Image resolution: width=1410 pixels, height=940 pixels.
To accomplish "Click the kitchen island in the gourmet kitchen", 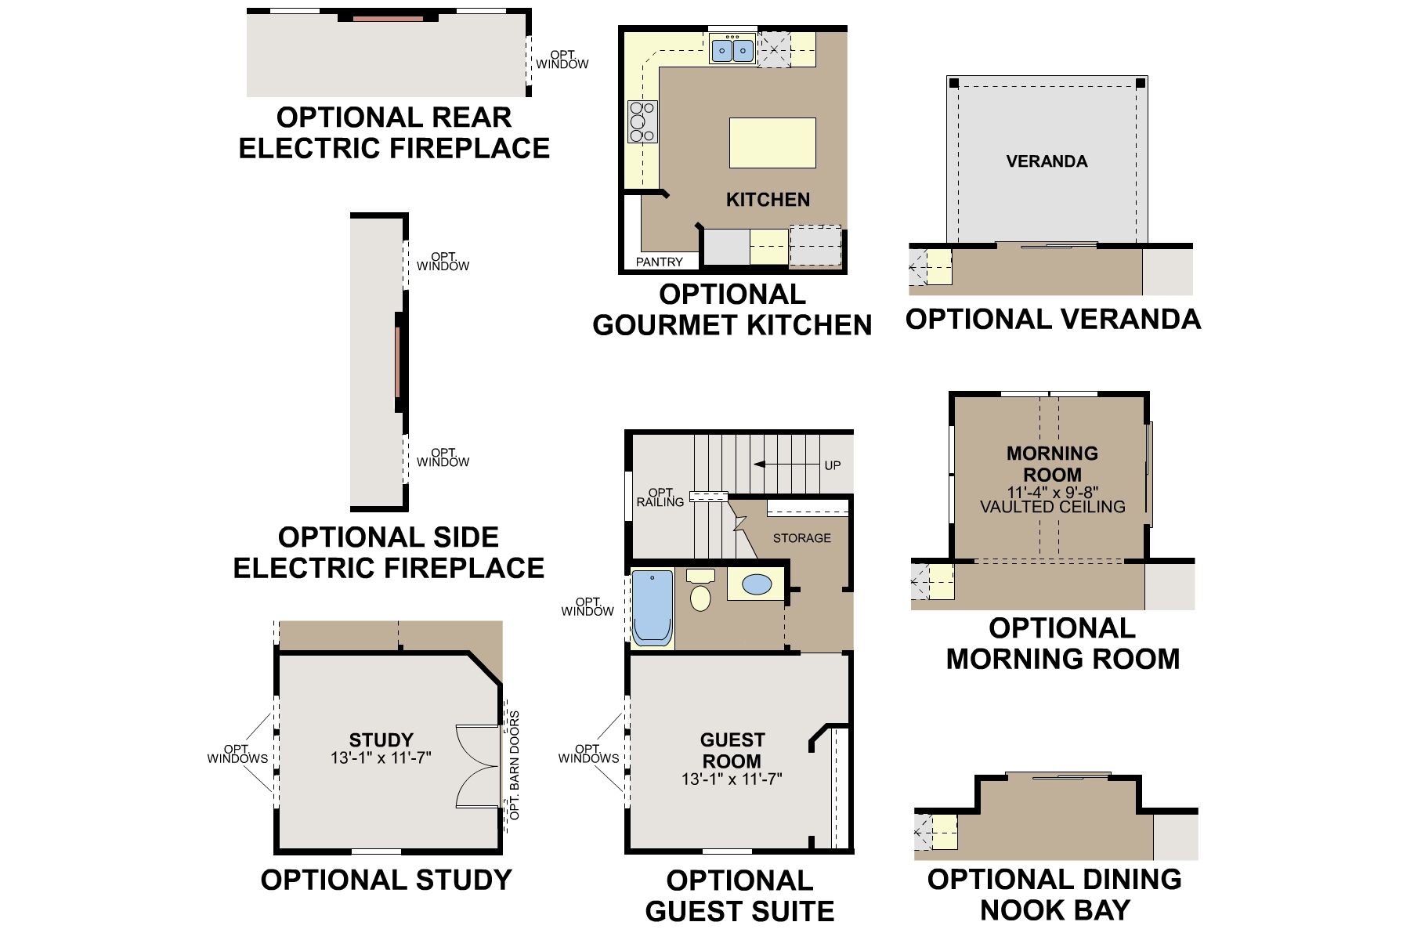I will click(x=772, y=143).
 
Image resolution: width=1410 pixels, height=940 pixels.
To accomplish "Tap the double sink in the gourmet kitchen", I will click(x=732, y=51).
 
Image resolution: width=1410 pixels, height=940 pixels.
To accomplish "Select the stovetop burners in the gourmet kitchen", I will click(x=642, y=122).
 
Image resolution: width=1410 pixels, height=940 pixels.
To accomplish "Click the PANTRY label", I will click(x=659, y=262).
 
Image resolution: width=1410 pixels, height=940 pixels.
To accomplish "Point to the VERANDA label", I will click(x=1047, y=161).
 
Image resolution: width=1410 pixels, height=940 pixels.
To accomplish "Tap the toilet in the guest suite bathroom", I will click(x=700, y=592).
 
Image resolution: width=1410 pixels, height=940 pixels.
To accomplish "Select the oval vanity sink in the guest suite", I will click(x=755, y=584).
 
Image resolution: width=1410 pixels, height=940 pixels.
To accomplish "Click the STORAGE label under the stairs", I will click(x=801, y=538).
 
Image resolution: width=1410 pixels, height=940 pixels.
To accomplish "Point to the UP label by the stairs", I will click(x=832, y=465).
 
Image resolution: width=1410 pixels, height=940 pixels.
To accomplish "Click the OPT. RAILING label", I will click(x=660, y=497).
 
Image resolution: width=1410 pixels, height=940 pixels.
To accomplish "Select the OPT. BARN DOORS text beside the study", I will click(x=514, y=765).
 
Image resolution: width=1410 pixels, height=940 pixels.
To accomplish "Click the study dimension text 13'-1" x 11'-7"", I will click(x=381, y=758).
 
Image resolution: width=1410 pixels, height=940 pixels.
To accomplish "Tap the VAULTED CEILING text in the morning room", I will click(x=1052, y=507).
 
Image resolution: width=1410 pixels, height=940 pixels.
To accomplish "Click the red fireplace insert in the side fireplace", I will click(x=398, y=362).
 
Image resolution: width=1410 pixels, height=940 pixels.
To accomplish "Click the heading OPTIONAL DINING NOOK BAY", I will click(x=1054, y=895).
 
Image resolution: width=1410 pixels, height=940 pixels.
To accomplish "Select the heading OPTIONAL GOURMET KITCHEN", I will click(x=732, y=309).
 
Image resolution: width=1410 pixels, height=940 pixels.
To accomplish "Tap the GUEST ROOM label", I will click(x=732, y=750).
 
